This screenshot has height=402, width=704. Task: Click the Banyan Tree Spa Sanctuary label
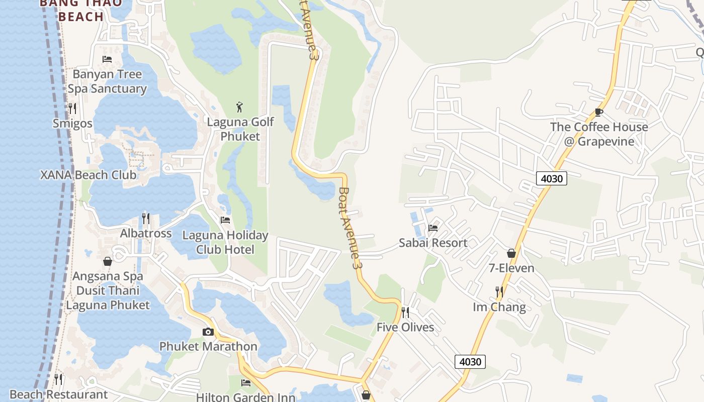tap(107, 81)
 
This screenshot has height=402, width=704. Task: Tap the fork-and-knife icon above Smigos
tap(72, 108)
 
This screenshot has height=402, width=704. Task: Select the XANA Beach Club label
tap(88, 175)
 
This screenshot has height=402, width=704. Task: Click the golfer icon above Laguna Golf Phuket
tap(240, 107)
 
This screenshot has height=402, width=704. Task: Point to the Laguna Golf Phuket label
tap(240, 129)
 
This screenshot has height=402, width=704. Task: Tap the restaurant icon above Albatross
tap(146, 218)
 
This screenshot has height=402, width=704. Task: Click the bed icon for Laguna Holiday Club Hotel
tap(225, 220)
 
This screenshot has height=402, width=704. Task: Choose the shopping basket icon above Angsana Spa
tap(108, 261)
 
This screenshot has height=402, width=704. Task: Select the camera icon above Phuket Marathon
tap(208, 332)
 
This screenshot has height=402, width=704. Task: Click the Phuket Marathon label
tap(208, 346)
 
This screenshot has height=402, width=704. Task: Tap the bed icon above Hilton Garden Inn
tap(246, 383)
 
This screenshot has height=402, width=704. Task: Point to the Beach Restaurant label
tap(58, 394)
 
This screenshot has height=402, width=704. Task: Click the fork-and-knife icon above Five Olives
tap(405, 313)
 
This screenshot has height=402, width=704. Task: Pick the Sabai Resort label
tap(433, 243)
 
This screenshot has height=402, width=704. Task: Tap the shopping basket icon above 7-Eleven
tap(511, 253)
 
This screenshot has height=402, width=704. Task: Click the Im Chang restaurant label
tap(499, 307)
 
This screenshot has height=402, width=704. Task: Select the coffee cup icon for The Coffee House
tap(598, 112)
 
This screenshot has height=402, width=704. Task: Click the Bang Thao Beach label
tap(80, 10)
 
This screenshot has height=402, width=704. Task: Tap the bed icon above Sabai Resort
tap(433, 228)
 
